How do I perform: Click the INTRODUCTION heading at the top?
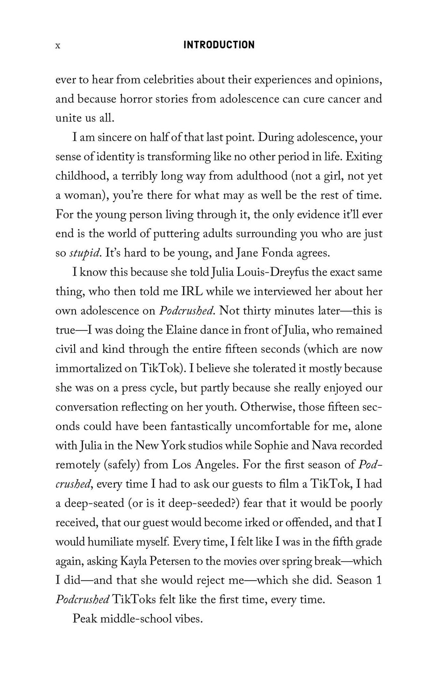tap(219, 45)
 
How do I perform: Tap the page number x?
tap(58, 46)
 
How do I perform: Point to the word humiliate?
tap(113, 542)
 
